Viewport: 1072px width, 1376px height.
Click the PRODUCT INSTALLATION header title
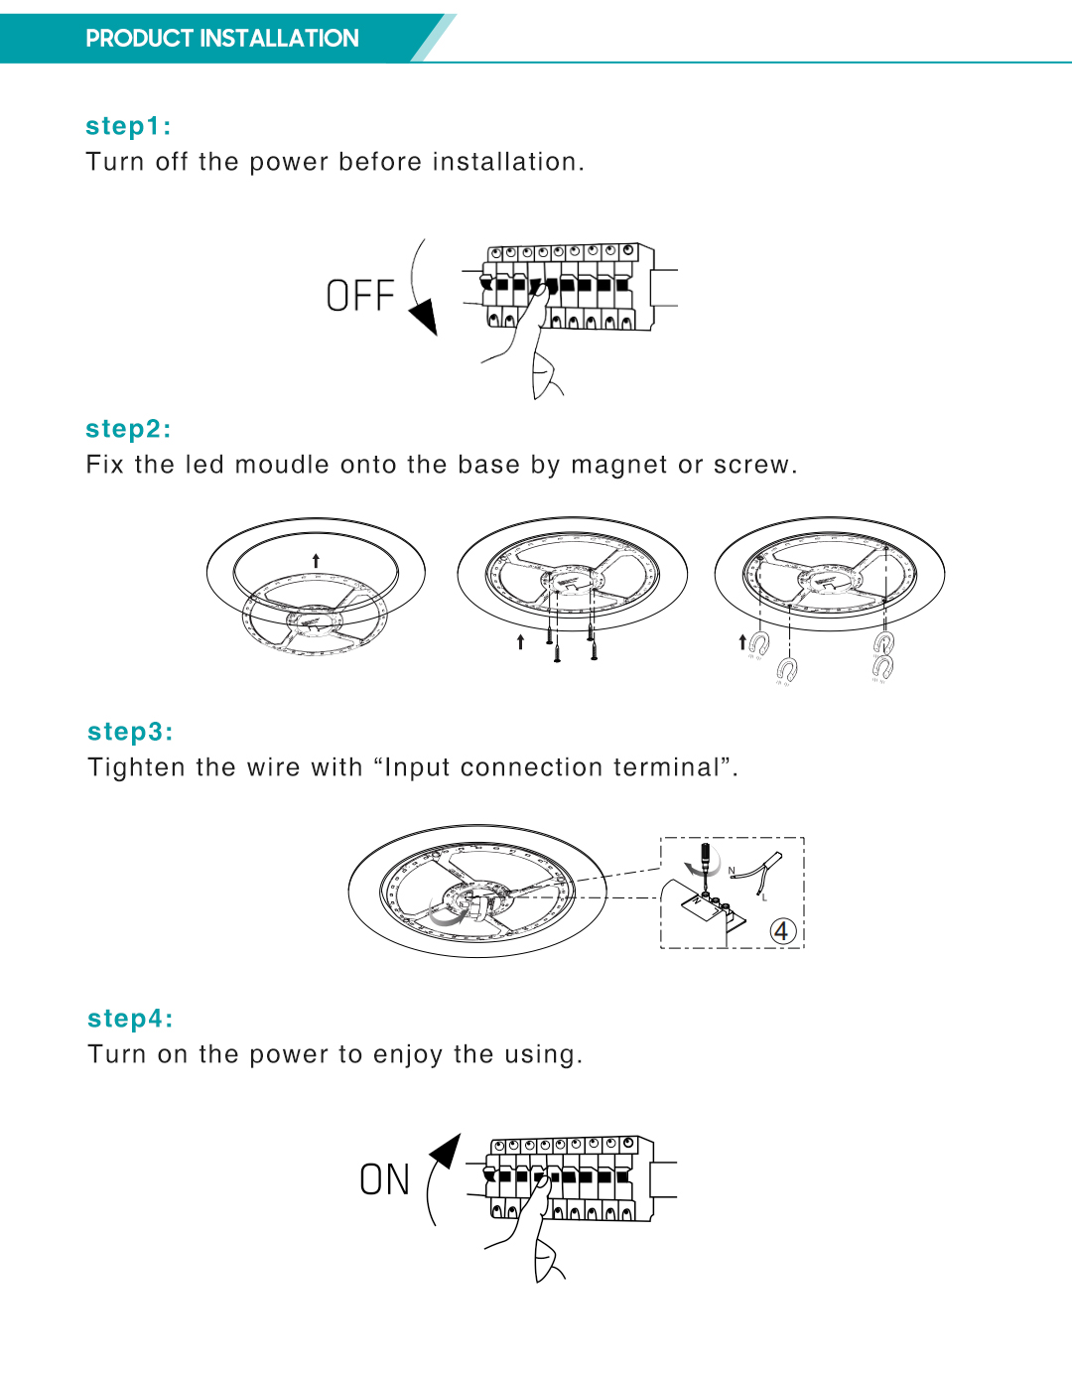tap(221, 39)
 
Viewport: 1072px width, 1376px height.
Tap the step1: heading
tap(128, 126)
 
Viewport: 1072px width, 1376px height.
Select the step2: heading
tap(128, 429)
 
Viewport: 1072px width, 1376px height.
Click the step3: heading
tap(130, 732)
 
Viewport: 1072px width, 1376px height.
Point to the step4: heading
tap(130, 1019)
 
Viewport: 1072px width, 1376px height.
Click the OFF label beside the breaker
tap(359, 296)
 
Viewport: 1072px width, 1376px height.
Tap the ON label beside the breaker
tap(384, 1179)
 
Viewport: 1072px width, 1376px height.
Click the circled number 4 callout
tap(782, 931)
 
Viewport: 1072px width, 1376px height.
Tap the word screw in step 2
tap(751, 465)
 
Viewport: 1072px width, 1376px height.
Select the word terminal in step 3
tap(671, 767)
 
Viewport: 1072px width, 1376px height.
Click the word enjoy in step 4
tap(408, 1054)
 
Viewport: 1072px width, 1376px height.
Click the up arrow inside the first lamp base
tap(316, 561)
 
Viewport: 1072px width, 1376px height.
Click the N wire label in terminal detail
tap(732, 872)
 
